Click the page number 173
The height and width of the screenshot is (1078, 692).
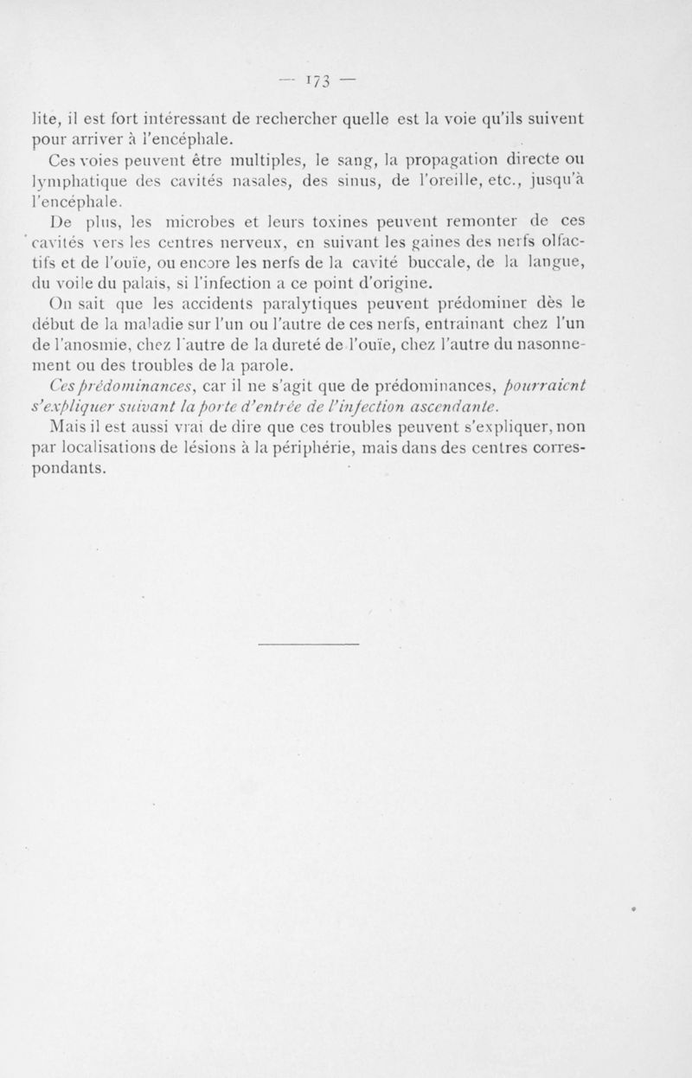pos(316,83)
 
